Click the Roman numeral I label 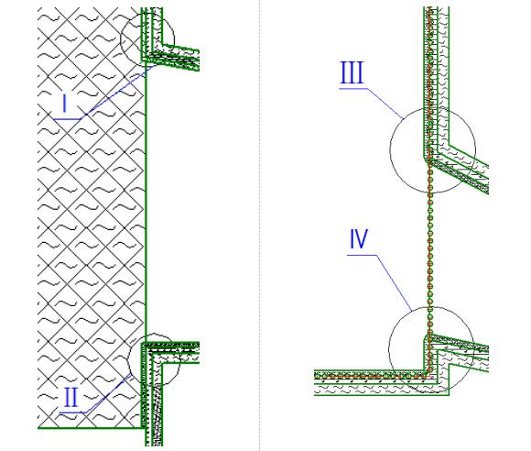coord(65,104)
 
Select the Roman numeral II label coord(70,398)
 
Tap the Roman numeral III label coord(352,72)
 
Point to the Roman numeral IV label coord(359,238)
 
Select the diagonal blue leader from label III coord(385,104)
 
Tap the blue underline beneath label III coord(353,89)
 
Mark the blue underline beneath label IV coord(362,255)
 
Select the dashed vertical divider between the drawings coord(260,225)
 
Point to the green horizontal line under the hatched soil coord(91,428)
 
